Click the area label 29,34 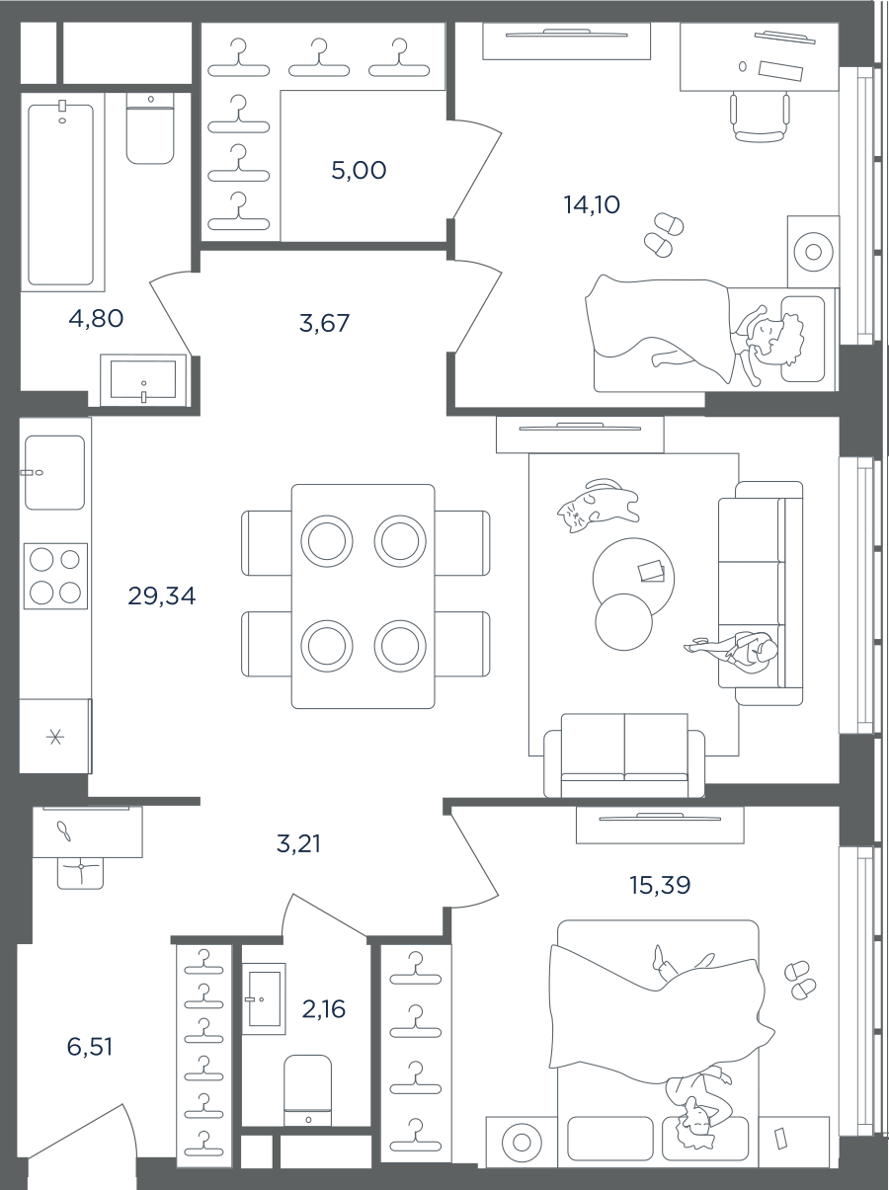[162, 595]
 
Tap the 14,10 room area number [592, 205]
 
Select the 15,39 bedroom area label [660, 885]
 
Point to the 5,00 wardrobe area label [359, 170]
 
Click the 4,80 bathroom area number [96, 319]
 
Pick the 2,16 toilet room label [324, 1009]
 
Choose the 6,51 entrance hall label [90, 1047]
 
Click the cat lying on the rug [598, 506]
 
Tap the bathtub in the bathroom [60, 195]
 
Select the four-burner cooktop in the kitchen [55, 576]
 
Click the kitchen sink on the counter [54, 472]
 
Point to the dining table [364, 596]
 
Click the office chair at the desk [759, 118]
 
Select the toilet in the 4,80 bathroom [151, 129]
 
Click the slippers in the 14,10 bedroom [664, 235]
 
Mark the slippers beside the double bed [799, 981]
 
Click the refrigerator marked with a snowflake [54, 737]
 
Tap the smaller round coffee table [623, 622]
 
